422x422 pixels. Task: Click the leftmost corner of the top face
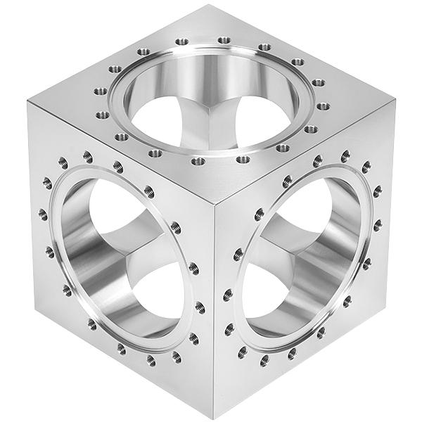(28, 102)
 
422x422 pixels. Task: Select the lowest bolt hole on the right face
(264, 361)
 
